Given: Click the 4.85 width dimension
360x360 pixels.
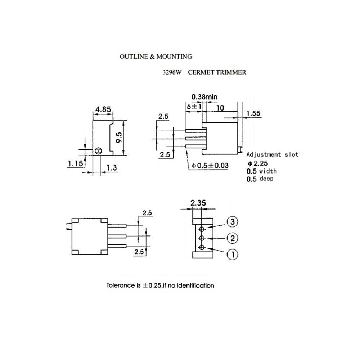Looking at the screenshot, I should [103, 109].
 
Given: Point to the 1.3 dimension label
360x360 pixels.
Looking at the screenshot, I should [112, 167].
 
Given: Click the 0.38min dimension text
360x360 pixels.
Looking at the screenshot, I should [204, 97].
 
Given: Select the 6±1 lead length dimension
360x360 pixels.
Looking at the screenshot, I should [194, 107].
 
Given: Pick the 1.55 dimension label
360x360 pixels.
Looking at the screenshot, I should [253, 113].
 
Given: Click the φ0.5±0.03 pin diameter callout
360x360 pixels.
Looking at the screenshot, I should [210, 166].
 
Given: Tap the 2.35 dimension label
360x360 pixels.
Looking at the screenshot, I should [198, 203].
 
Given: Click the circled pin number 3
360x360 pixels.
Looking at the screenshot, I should [233, 222].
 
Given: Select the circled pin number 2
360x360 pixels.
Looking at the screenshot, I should [233, 238].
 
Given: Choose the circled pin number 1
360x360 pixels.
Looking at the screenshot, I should [233, 255].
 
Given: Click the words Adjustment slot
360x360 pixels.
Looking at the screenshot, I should [272, 154].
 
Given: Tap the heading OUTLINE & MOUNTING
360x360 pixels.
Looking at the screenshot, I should [156, 57].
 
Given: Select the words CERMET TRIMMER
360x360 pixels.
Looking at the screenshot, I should [217, 72].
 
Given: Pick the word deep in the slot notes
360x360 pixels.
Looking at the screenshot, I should [266, 179].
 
